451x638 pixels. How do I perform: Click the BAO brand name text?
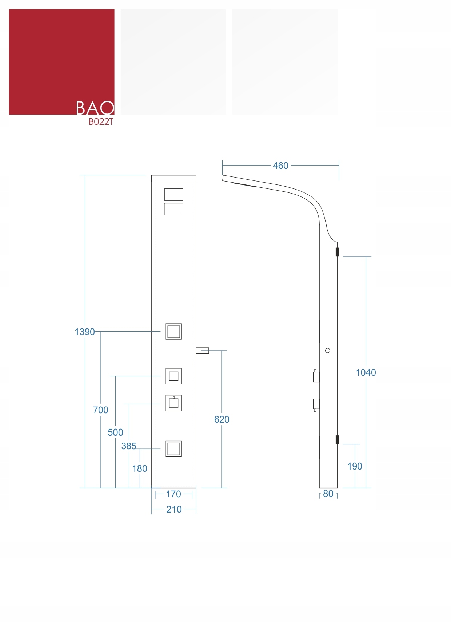click(95, 108)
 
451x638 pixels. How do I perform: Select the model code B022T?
click(101, 122)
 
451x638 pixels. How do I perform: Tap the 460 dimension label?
click(280, 166)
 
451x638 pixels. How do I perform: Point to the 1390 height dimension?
click(84, 332)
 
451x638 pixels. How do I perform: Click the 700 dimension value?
click(101, 410)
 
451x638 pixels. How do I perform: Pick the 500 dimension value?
click(115, 432)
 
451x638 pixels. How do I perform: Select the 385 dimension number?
click(129, 446)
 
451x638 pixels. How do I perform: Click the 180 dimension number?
click(140, 468)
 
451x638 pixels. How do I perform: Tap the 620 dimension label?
click(221, 419)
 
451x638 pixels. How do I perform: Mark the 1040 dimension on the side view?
click(366, 372)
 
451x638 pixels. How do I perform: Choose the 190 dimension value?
click(355, 466)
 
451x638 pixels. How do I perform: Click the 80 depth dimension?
click(328, 494)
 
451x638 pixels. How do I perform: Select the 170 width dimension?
click(173, 494)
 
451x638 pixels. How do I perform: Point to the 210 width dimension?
click(174, 509)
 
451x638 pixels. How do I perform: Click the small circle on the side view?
click(328, 351)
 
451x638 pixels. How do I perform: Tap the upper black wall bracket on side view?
click(337, 252)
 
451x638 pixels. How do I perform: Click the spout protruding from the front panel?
click(203, 351)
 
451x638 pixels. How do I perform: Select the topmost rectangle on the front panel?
click(173, 195)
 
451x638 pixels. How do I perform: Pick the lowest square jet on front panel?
click(173, 449)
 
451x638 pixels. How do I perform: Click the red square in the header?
click(55, 55)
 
